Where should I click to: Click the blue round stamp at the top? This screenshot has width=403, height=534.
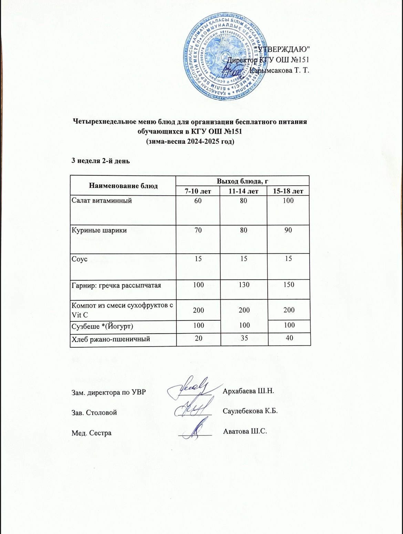point(225,57)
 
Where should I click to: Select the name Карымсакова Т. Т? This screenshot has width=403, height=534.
point(279,71)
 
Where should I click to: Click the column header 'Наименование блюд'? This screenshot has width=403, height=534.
point(123,185)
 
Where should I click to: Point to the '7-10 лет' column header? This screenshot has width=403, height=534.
point(198,191)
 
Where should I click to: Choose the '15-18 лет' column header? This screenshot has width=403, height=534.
point(288,191)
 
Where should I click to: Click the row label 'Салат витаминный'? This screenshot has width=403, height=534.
point(102,200)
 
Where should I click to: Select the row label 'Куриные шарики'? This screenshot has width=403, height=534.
point(99,230)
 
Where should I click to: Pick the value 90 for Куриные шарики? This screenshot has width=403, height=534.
point(288,230)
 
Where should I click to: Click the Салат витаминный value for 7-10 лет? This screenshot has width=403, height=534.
point(198,200)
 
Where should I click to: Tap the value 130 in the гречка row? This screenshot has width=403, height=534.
point(244,285)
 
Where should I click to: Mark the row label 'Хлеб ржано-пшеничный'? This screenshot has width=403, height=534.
point(111,339)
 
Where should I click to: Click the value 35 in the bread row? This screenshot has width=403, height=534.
point(244,339)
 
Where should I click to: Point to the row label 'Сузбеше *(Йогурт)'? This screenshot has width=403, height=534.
point(102,325)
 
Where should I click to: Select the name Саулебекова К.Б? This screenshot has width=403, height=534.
point(250,411)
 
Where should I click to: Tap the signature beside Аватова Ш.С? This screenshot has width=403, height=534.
point(195,429)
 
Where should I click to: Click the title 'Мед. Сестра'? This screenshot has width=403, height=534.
point(91,433)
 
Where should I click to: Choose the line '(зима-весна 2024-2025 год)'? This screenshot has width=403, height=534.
point(190,141)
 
